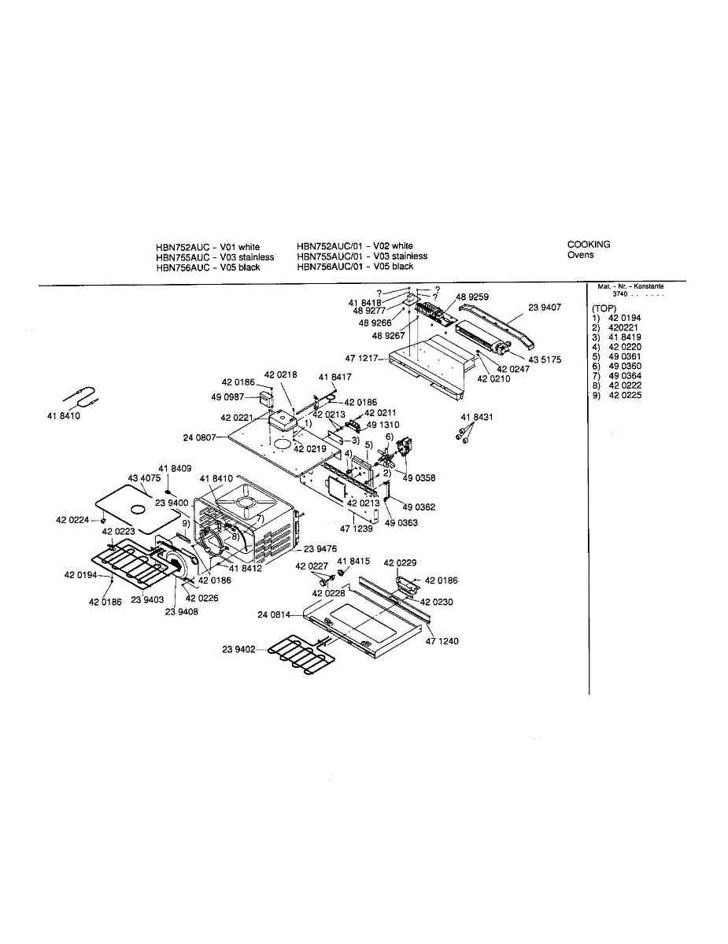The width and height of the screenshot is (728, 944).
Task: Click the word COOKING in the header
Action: [589, 245]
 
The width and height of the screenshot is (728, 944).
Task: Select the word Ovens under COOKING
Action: [581, 255]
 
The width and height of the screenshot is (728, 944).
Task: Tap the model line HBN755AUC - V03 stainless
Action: [215, 257]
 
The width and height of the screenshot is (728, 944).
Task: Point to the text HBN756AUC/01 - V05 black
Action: [355, 267]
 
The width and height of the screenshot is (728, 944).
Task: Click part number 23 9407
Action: [545, 308]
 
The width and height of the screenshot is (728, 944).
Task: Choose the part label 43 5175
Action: [545, 360]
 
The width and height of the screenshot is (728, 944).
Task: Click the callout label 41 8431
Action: [477, 417]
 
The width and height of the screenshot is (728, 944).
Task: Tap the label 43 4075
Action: [144, 478]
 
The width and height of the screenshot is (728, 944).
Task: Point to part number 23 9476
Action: [320, 549]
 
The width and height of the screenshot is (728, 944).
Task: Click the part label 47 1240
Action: [442, 641]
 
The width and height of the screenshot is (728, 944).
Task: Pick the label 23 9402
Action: [238, 649]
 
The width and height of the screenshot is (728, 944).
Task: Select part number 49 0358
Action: [419, 478]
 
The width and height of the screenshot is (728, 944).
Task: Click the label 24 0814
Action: [274, 615]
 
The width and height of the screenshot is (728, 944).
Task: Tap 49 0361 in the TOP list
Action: [625, 356]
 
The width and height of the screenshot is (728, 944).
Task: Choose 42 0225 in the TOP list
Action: [625, 396]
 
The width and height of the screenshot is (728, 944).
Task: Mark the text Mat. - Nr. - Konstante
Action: [630, 286]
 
